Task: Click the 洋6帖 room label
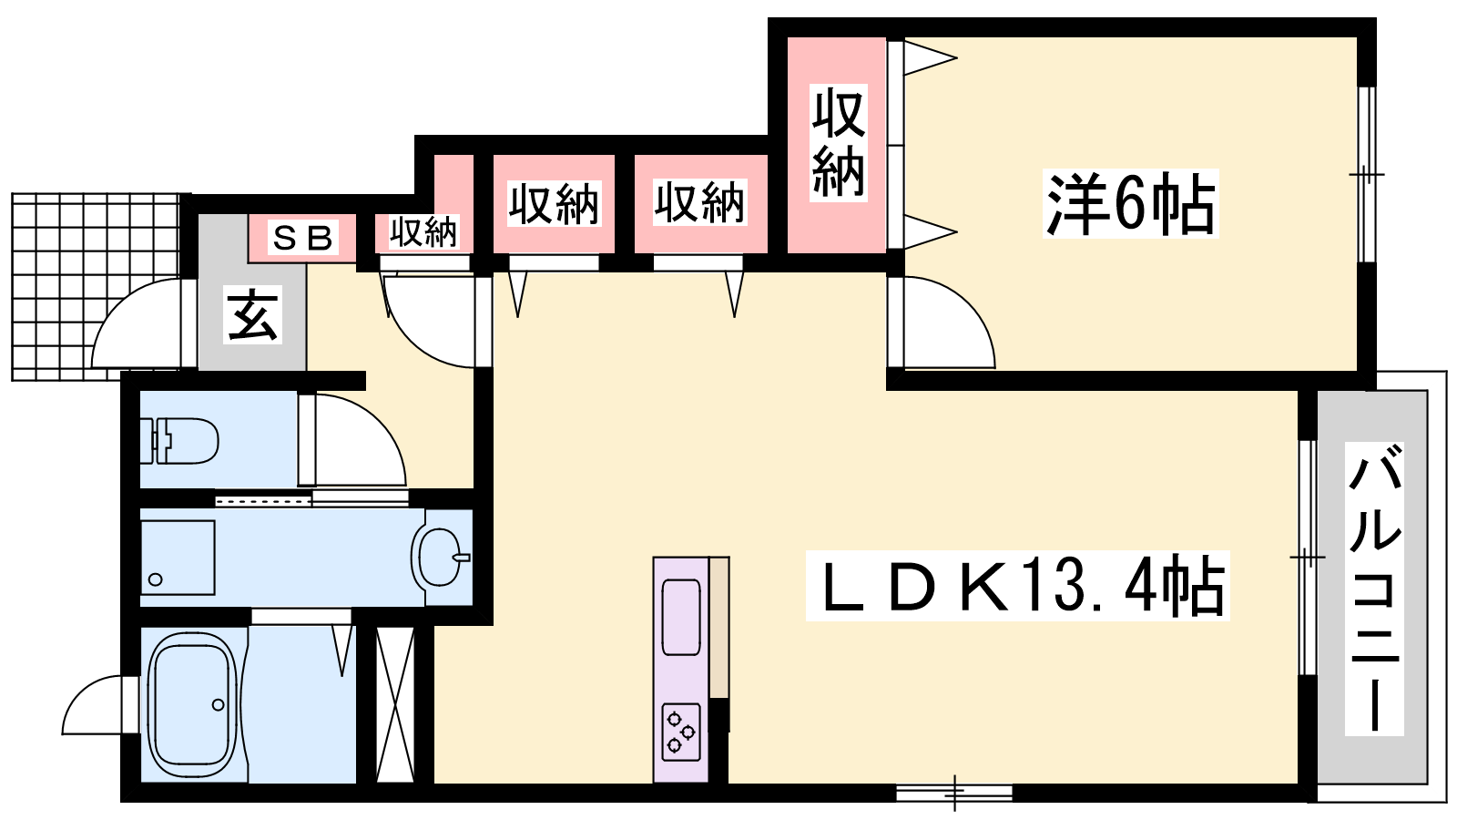point(1130,204)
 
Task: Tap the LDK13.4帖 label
point(1017,586)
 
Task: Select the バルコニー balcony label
point(1374,589)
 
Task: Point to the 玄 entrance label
point(253,314)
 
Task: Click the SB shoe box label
point(302,237)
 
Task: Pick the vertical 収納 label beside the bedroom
point(839,142)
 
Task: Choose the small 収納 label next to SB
point(423,231)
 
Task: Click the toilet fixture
point(179,441)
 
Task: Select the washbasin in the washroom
point(441,558)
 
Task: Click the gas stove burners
point(681,732)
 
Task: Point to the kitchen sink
point(681,617)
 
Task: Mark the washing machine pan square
point(178,557)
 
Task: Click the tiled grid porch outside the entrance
point(97,286)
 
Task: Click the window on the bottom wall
point(954,793)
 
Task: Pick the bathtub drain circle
point(219,705)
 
